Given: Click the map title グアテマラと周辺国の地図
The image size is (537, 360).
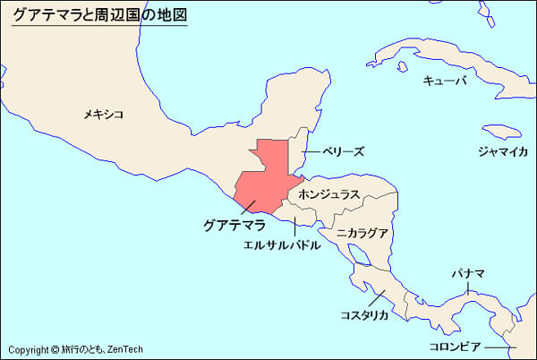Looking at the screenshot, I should [99, 15].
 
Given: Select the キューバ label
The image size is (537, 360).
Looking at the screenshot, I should [445, 81].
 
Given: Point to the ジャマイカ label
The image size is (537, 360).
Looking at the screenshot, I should [502, 151].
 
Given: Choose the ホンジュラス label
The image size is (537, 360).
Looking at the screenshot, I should [329, 193].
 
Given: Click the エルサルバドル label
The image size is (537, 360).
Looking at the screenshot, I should [281, 244].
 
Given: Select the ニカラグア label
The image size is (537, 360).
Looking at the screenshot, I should [362, 233].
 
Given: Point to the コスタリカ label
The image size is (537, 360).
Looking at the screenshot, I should [364, 315].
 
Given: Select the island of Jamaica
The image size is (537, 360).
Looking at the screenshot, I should [501, 131].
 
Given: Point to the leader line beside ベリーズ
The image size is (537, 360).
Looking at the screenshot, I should [310, 152].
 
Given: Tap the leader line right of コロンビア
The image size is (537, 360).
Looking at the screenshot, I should [501, 347].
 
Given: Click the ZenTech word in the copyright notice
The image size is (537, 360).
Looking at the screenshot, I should [125, 350].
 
